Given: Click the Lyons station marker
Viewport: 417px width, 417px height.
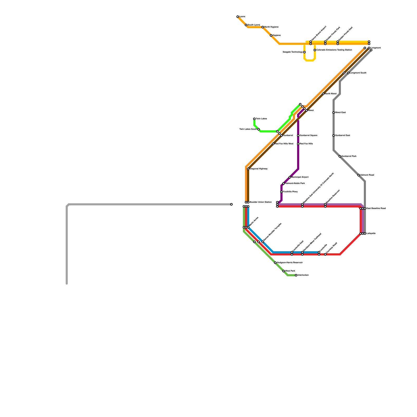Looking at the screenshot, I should tap(238, 17).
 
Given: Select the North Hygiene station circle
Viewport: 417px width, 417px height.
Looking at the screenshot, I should tap(263, 27).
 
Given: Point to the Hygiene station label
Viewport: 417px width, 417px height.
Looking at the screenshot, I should tap(277, 35).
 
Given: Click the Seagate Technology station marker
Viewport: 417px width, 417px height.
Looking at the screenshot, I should tap(304, 52).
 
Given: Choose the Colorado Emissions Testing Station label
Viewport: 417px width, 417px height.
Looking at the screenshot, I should tap(334, 50).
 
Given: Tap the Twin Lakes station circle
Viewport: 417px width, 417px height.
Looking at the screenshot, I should tap(254, 119).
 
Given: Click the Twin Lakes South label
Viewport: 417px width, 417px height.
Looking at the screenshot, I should tap(248, 129).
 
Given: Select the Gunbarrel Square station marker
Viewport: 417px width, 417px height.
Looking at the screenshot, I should tap(298, 136).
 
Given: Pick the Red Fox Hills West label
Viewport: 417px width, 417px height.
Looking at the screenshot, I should tap(284, 144).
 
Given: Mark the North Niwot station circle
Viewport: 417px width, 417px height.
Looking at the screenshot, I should tap(323, 94).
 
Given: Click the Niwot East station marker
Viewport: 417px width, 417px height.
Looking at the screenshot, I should tap(334, 113).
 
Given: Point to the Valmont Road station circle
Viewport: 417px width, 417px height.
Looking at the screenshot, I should tap(359, 175).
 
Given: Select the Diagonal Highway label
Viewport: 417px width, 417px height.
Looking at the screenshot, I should tap(259, 169).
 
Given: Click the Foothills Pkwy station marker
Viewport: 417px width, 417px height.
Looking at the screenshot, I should tap(281, 192).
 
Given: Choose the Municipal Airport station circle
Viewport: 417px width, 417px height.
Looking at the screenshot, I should tap(290, 177).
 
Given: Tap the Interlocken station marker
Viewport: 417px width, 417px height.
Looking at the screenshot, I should tap(296, 275).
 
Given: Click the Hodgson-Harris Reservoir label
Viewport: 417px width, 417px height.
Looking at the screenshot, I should tap(290, 263).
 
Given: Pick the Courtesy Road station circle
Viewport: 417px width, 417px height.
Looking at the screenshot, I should tap(325, 254).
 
